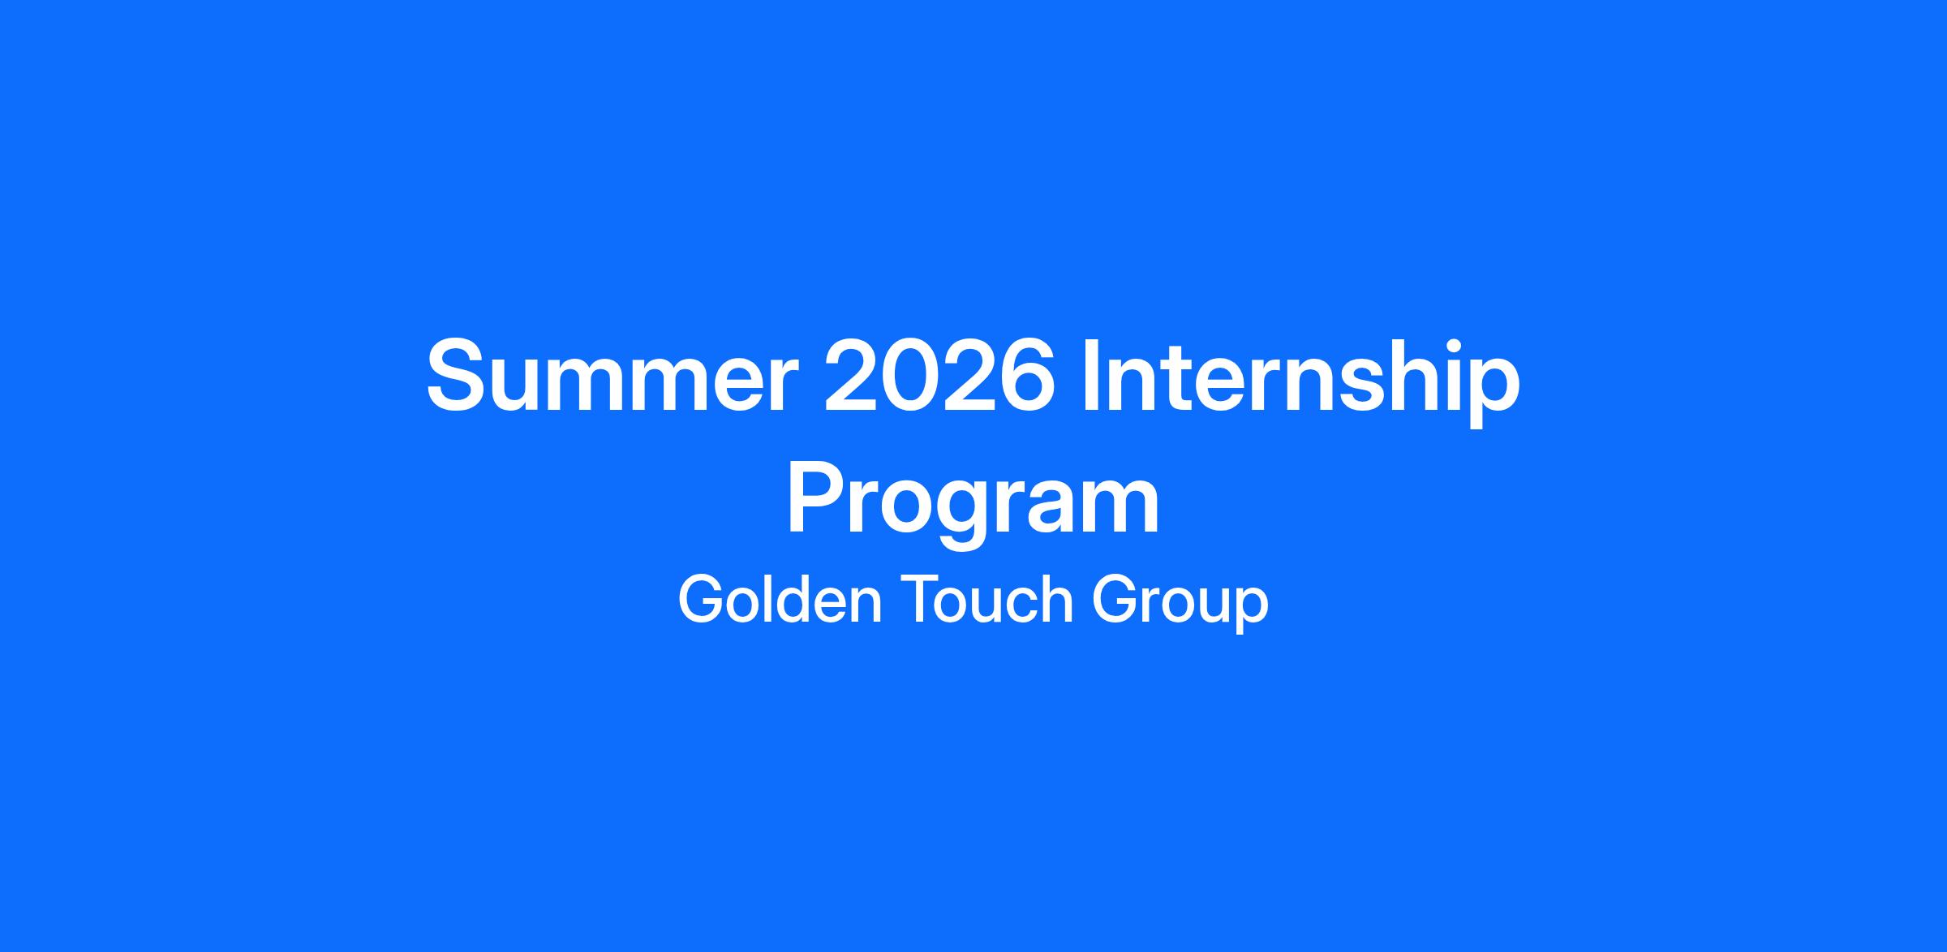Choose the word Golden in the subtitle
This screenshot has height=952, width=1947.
(780, 599)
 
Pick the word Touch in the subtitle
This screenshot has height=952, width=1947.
(986, 599)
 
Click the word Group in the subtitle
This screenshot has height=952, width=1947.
(1180, 602)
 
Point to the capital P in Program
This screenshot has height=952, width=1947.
(818, 498)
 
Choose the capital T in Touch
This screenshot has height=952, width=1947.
(921, 599)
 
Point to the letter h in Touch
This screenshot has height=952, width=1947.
(1057, 599)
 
